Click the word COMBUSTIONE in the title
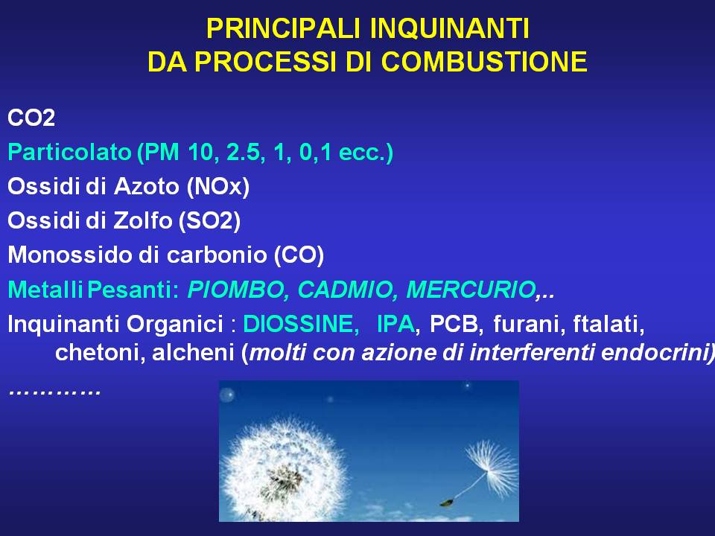tap(484, 62)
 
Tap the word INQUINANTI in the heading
tap(449, 29)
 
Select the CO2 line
tap(31, 118)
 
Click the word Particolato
tap(69, 152)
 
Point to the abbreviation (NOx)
tap(218, 186)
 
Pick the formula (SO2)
tap(209, 220)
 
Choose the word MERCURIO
tap(471, 290)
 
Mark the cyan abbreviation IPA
tap(395, 324)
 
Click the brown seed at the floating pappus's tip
tap(445, 502)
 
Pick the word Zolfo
tap(143, 220)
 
